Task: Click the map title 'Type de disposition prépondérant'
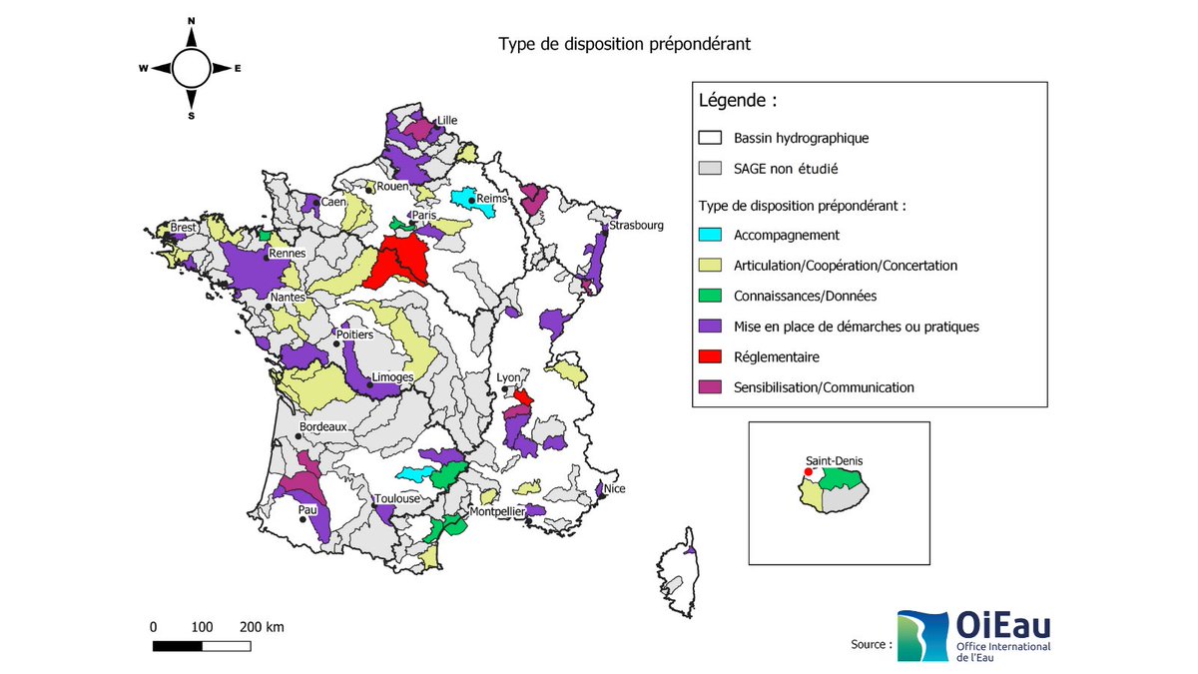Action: (x=624, y=44)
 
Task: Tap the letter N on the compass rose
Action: (x=191, y=21)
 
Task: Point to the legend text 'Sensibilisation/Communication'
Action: (x=824, y=387)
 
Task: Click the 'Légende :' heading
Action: (x=737, y=101)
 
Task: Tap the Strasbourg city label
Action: (x=636, y=226)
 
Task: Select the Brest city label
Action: (x=183, y=228)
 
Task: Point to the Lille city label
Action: (x=446, y=120)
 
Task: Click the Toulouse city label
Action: (x=397, y=498)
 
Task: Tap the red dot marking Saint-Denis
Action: (x=808, y=472)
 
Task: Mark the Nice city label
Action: (x=615, y=489)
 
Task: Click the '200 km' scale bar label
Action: (x=262, y=627)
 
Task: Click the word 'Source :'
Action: (x=872, y=644)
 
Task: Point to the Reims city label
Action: (x=492, y=199)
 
